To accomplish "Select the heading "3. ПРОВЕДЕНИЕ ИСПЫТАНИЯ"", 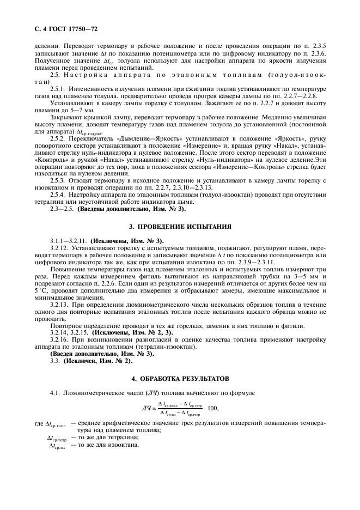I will [180, 226].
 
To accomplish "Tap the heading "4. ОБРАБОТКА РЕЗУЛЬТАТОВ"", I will [180, 378].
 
